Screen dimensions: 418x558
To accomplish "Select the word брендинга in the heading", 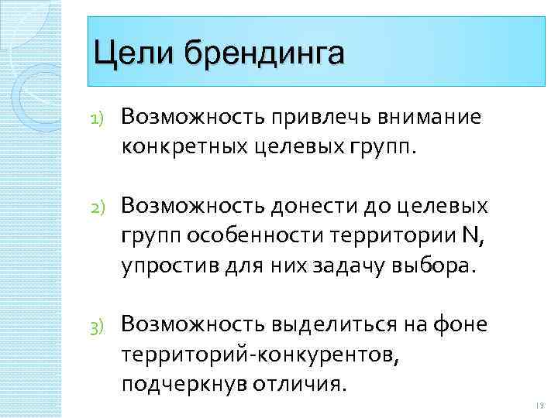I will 264,56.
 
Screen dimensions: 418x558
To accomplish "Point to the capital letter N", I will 468,235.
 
